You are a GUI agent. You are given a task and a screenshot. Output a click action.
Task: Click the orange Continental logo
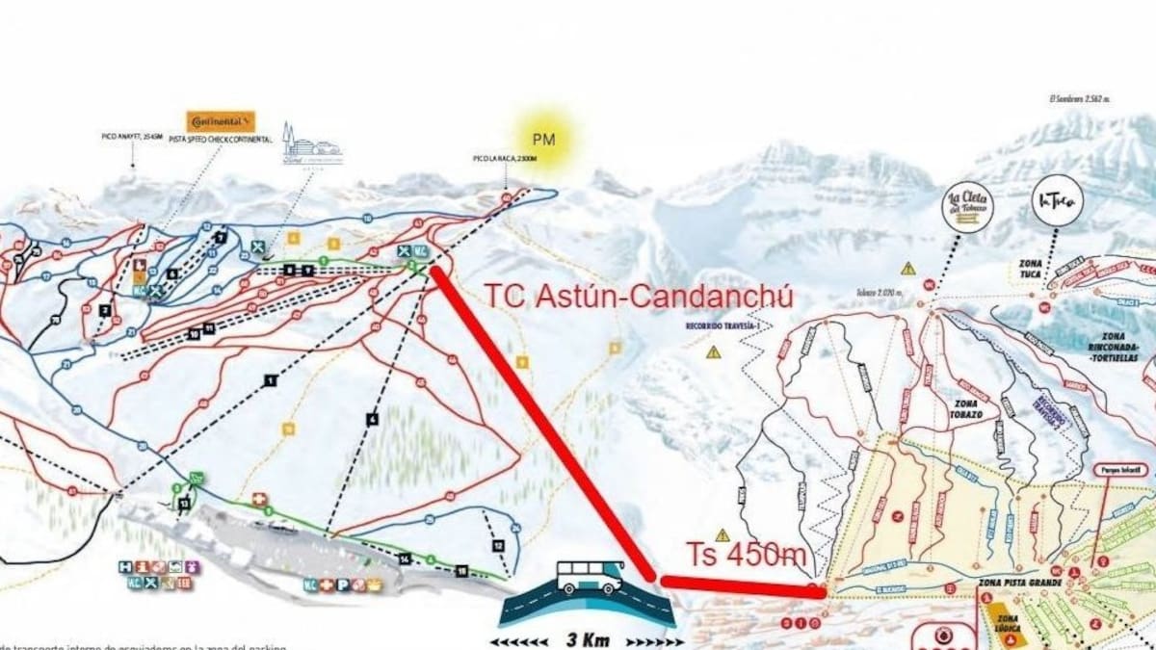pos(221,121)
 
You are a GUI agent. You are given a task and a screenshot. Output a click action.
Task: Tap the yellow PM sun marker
pos(545,140)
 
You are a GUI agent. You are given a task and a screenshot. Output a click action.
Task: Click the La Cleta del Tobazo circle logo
pos(967,206)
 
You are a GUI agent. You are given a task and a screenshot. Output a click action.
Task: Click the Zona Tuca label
pos(1031,267)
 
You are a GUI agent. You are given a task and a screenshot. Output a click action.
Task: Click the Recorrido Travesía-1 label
pos(717,326)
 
